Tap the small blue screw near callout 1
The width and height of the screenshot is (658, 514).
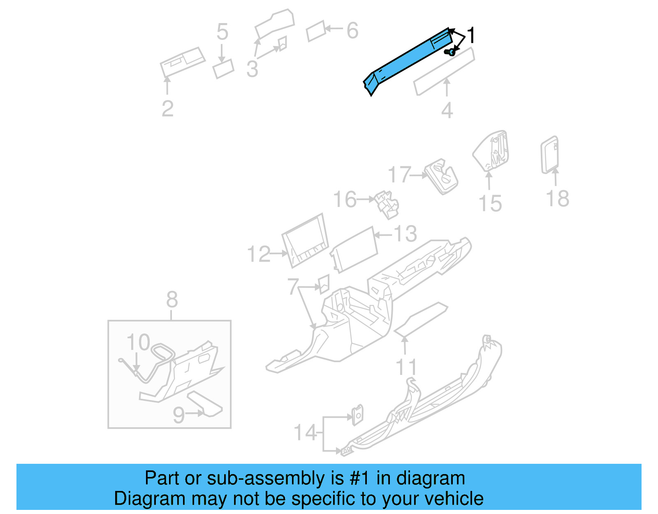tap(450, 52)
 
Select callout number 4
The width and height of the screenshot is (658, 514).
tap(447, 110)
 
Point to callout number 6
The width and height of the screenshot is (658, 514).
tap(352, 31)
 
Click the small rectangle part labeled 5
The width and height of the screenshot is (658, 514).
tap(223, 69)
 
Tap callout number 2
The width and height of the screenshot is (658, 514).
tap(167, 109)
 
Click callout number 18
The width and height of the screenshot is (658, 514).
tap(557, 199)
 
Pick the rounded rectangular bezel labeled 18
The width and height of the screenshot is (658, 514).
tap(549, 155)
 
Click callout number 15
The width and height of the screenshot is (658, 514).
tap(490, 204)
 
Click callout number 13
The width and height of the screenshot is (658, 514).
tap(405, 234)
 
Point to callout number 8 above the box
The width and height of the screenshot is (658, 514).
tap(172, 300)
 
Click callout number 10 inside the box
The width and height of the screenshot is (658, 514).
tap(138, 342)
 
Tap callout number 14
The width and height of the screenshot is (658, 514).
tap(305, 433)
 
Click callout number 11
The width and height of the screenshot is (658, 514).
tap(406, 367)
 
